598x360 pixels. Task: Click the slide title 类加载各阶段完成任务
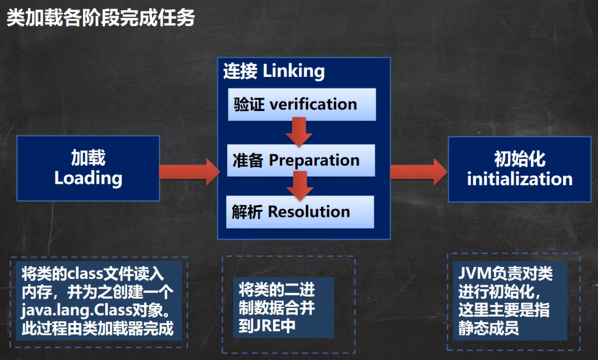[101, 17]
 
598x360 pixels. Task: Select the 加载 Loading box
[88, 168]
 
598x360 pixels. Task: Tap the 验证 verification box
[302, 104]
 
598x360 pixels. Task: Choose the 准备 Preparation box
[301, 160]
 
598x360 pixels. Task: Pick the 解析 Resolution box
[300, 212]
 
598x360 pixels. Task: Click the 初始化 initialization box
[519, 169]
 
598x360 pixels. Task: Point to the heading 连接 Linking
[274, 71]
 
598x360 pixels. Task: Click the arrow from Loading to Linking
[189, 171]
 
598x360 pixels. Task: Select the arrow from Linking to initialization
[419, 171]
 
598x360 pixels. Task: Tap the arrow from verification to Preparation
[299, 132]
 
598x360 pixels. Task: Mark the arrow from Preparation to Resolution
[300, 186]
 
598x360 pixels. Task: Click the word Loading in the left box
[88, 178]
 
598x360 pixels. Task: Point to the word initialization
[520, 179]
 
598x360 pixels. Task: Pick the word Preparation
[314, 160]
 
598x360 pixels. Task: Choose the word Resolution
[309, 212]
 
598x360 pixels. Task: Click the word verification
[313, 104]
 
